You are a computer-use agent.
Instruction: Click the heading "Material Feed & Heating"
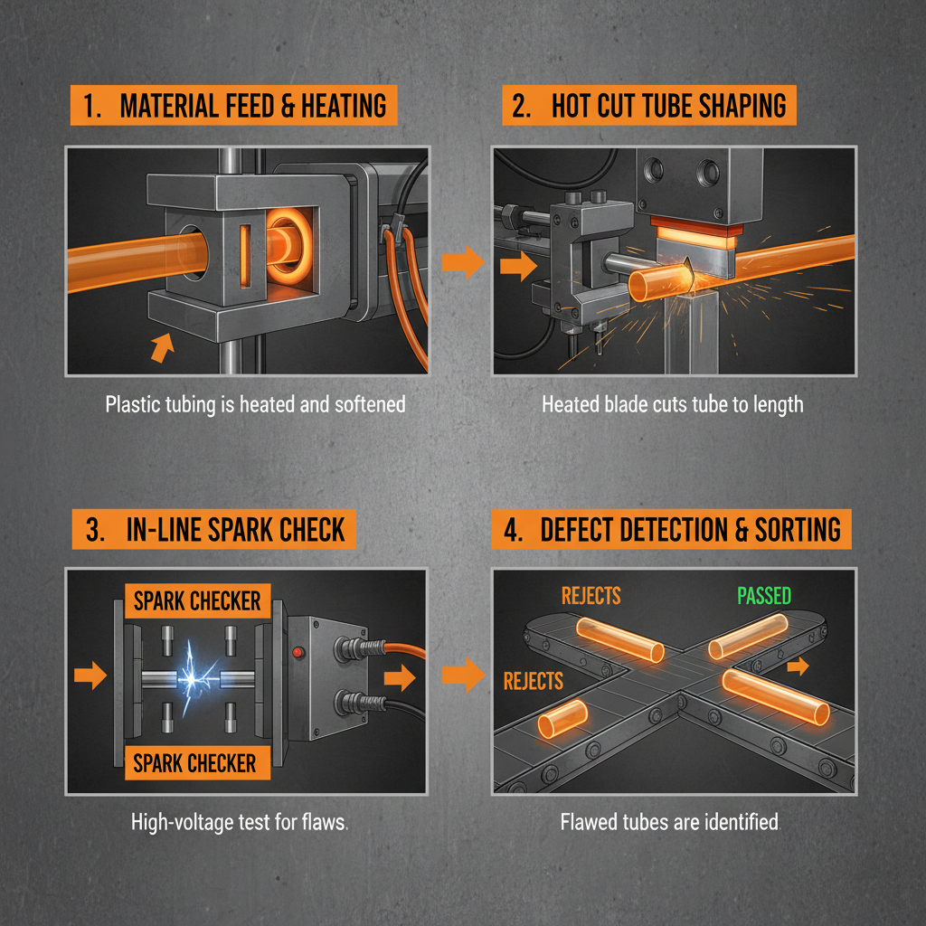[232, 106]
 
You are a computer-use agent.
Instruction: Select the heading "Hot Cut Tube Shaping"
[645, 106]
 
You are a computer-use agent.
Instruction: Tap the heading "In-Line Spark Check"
[213, 529]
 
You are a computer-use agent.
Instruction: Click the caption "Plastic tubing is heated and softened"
[255, 403]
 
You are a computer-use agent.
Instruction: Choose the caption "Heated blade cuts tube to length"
[672, 403]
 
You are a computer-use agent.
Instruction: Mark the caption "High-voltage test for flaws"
[241, 822]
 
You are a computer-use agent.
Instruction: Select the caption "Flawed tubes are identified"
[669, 822]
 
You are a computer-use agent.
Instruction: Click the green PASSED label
[763, 596]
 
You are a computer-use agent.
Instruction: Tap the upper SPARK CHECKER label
[197, 600]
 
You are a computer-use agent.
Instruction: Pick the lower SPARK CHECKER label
[195, 762]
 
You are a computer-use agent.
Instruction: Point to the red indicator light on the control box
[296, 650]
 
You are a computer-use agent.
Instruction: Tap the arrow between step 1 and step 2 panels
[462, 264]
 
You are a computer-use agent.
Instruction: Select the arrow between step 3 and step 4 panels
[462, 676]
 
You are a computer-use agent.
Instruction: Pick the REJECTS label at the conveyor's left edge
[533, 681]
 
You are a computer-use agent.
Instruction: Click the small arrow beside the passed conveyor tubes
[798, 666]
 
